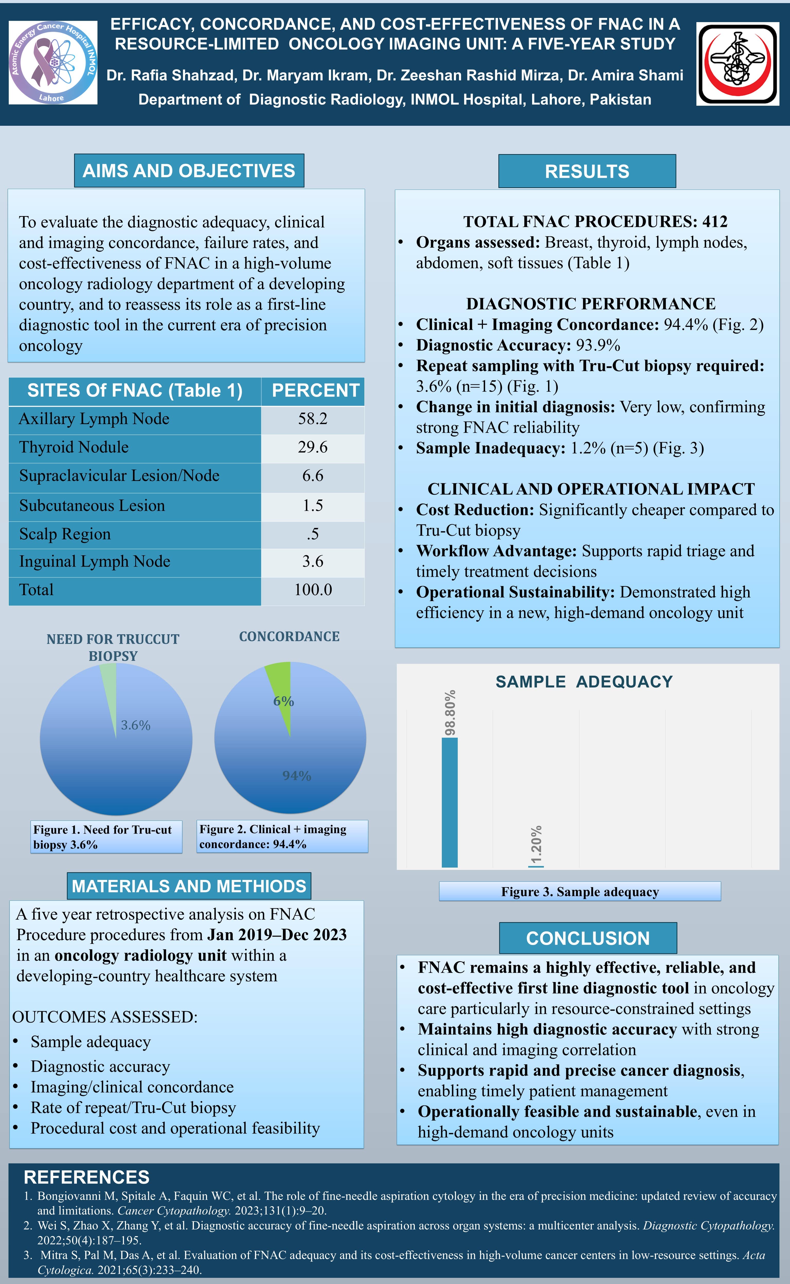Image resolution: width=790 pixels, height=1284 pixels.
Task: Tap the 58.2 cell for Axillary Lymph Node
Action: [x=312, y=419]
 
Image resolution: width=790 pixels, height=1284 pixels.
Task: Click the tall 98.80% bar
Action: [x=449, y=802]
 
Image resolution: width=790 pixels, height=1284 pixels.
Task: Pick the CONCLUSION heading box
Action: [x=588, y=938]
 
